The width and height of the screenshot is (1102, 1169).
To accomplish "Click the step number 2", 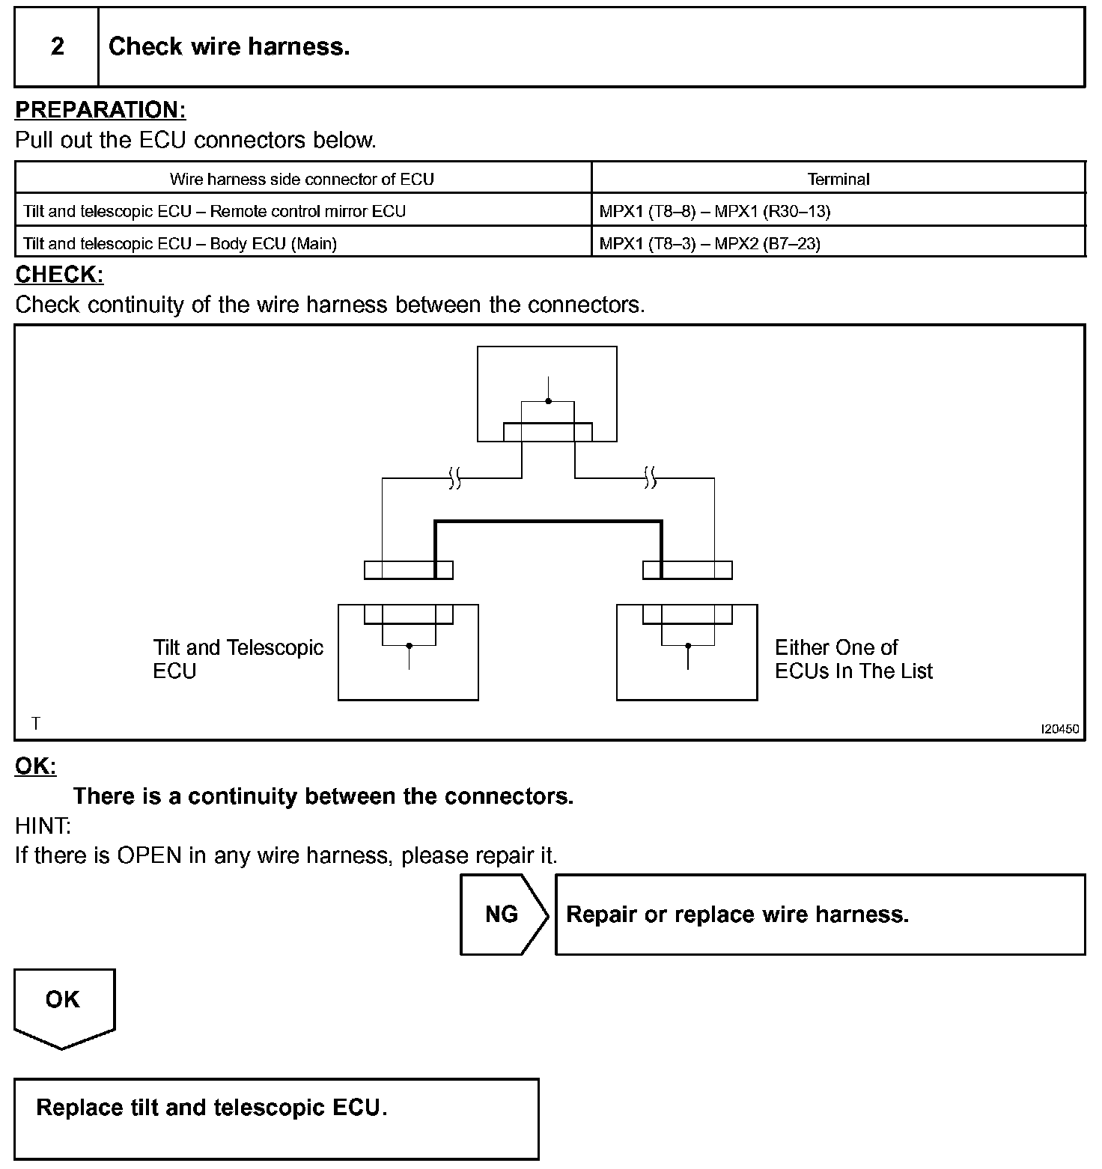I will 57,47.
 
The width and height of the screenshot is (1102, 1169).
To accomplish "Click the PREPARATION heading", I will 100,110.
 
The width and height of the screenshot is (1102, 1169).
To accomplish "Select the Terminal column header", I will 838,179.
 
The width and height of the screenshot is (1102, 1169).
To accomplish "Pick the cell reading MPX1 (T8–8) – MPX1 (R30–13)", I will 714,211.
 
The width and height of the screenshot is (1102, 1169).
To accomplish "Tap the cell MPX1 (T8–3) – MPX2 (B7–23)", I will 709,243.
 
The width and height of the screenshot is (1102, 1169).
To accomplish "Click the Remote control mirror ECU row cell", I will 214,211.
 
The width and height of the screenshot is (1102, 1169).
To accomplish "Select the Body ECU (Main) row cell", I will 180,243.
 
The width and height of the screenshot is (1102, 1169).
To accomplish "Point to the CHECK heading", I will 59,275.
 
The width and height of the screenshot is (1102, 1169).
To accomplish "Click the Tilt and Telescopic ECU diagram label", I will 237,659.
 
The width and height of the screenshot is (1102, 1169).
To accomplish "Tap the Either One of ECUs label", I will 853,659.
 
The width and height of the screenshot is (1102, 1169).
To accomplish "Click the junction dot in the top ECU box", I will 548,402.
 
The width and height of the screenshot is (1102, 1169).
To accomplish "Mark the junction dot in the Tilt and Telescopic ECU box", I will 409,645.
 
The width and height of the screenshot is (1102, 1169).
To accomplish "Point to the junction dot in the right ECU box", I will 688,645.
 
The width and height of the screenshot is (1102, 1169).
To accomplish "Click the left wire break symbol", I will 454,477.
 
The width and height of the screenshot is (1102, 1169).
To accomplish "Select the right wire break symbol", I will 650,477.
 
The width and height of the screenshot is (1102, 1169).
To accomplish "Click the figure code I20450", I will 1060,728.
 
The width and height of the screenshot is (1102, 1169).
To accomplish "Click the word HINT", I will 43,826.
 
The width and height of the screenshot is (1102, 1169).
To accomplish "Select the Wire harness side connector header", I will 302,179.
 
